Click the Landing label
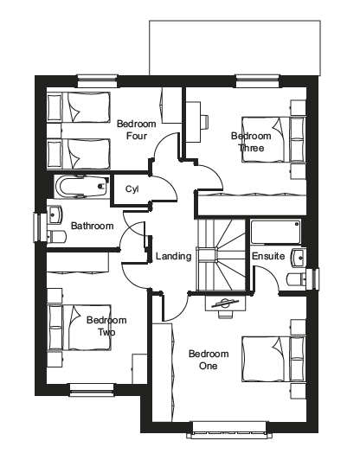173,256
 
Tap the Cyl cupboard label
132,189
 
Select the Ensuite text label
268,256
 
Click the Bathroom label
93,226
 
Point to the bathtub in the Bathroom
80,186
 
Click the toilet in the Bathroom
56,237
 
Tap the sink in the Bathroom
55,214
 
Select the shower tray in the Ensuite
275,232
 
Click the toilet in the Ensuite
296,279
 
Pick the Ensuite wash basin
299,258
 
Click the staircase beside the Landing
221,254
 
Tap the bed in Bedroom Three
273,139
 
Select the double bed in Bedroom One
273,359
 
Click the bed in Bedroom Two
80,328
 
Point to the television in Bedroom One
225,305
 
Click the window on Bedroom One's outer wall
229,430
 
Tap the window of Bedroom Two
92,390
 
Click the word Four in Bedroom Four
136,136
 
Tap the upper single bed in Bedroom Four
79,107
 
